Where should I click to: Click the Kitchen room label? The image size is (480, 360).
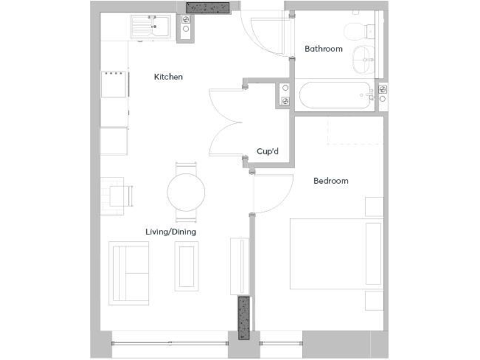pyautogui.click(x=168, y=77)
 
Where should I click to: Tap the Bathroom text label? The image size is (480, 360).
pyautogui.click(x=323, y=49)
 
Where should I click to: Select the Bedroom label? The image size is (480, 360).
pyautogui.click(x=331, y=181)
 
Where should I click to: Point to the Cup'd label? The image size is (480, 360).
pyautogui.click(x=267, y=151)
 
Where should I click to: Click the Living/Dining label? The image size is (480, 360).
pyautogui.click(x=171, y=232)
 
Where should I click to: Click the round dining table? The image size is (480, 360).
pyautogui.click(x=186, y=191)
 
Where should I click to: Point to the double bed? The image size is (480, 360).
pyautogui.click(x=336, y=253)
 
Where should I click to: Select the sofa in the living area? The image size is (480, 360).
pyautogui.click(x=129, y=272)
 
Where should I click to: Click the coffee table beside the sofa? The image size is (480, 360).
pyautogui.click(x=187, y=264)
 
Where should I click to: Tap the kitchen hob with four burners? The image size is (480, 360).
pyautogui.click(x=114, y=84)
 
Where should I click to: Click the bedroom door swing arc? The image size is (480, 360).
pyautogui.click(x=275, y=194)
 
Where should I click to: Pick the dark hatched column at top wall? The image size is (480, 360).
pyautogui.click(x=209, y=7)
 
